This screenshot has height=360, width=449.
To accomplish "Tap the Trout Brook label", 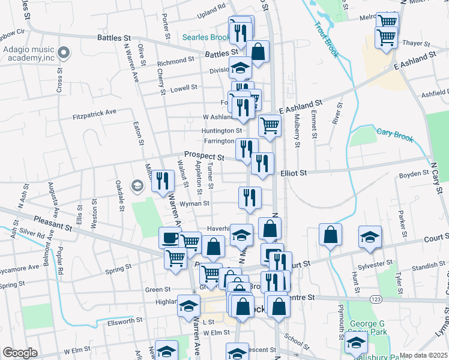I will [325, 40].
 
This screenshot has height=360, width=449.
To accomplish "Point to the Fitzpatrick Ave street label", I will [94, 112].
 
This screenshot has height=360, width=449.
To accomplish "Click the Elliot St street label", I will [294, 173].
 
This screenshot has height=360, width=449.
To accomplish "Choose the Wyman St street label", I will [197, 203].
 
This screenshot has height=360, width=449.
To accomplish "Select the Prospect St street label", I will [204, 156].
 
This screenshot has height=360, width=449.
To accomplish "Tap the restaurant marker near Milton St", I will [163, 181].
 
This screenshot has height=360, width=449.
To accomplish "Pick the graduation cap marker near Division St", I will [241, 68].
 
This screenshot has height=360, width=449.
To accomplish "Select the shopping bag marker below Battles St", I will [258, 52].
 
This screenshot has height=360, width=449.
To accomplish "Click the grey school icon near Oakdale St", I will [137, 187].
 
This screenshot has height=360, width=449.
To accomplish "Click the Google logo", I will [20, 353].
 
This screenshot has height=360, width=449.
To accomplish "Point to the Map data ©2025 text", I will [423, 355].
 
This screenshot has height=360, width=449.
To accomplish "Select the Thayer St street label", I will [417, 43].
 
